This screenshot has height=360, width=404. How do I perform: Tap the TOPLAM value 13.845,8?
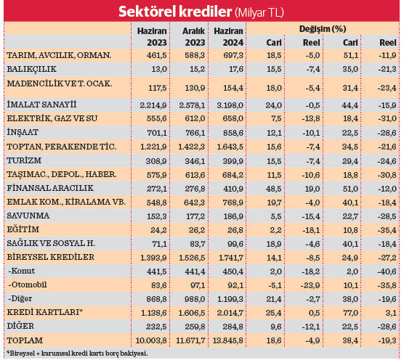[226, 340]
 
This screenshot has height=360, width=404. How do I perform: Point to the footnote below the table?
[77, 353]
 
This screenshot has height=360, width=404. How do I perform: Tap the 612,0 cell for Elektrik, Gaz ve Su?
[193, 118]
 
